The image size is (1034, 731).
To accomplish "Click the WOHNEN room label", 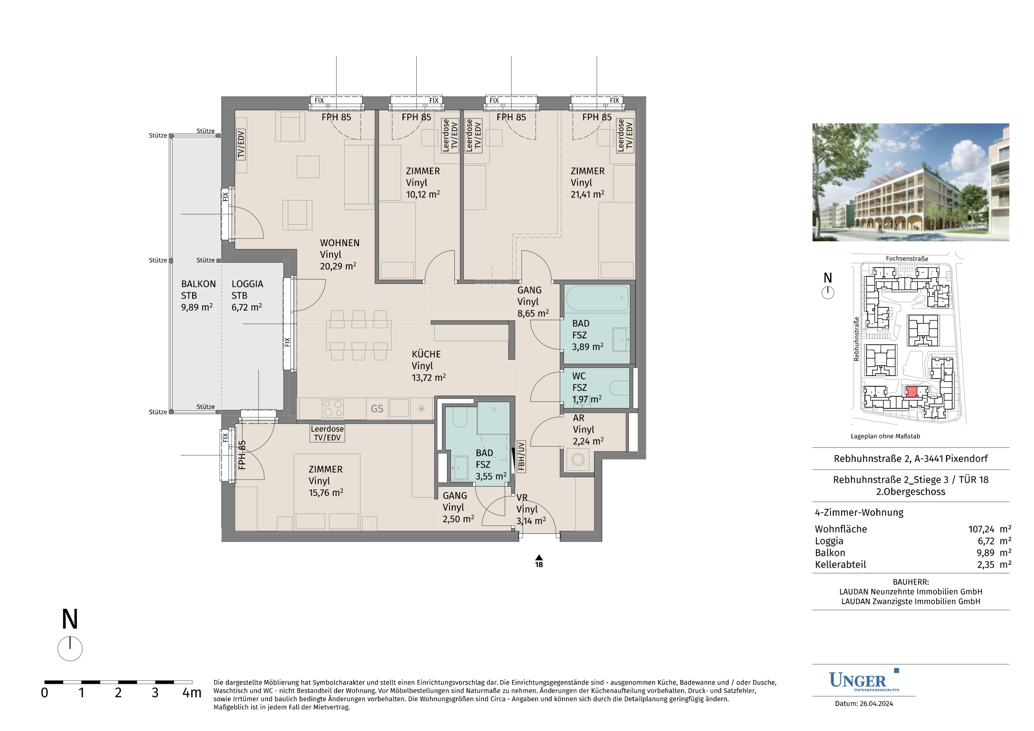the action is coord(339,243).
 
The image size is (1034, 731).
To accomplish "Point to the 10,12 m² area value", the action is coord(423,194).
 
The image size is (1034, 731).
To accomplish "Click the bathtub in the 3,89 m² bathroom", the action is coord(597,298).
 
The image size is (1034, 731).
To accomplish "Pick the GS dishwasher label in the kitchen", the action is coord(377,409).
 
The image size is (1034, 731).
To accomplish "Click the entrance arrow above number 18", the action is coord(539,557).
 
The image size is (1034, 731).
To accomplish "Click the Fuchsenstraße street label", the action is coord(907,259).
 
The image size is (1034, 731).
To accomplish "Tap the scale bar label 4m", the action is coord(192,693).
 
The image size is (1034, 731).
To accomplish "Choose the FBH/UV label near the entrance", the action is coord(521,456).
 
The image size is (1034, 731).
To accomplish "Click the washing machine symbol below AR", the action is coord(578,460).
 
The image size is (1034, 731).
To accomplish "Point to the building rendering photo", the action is coord(911,182).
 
